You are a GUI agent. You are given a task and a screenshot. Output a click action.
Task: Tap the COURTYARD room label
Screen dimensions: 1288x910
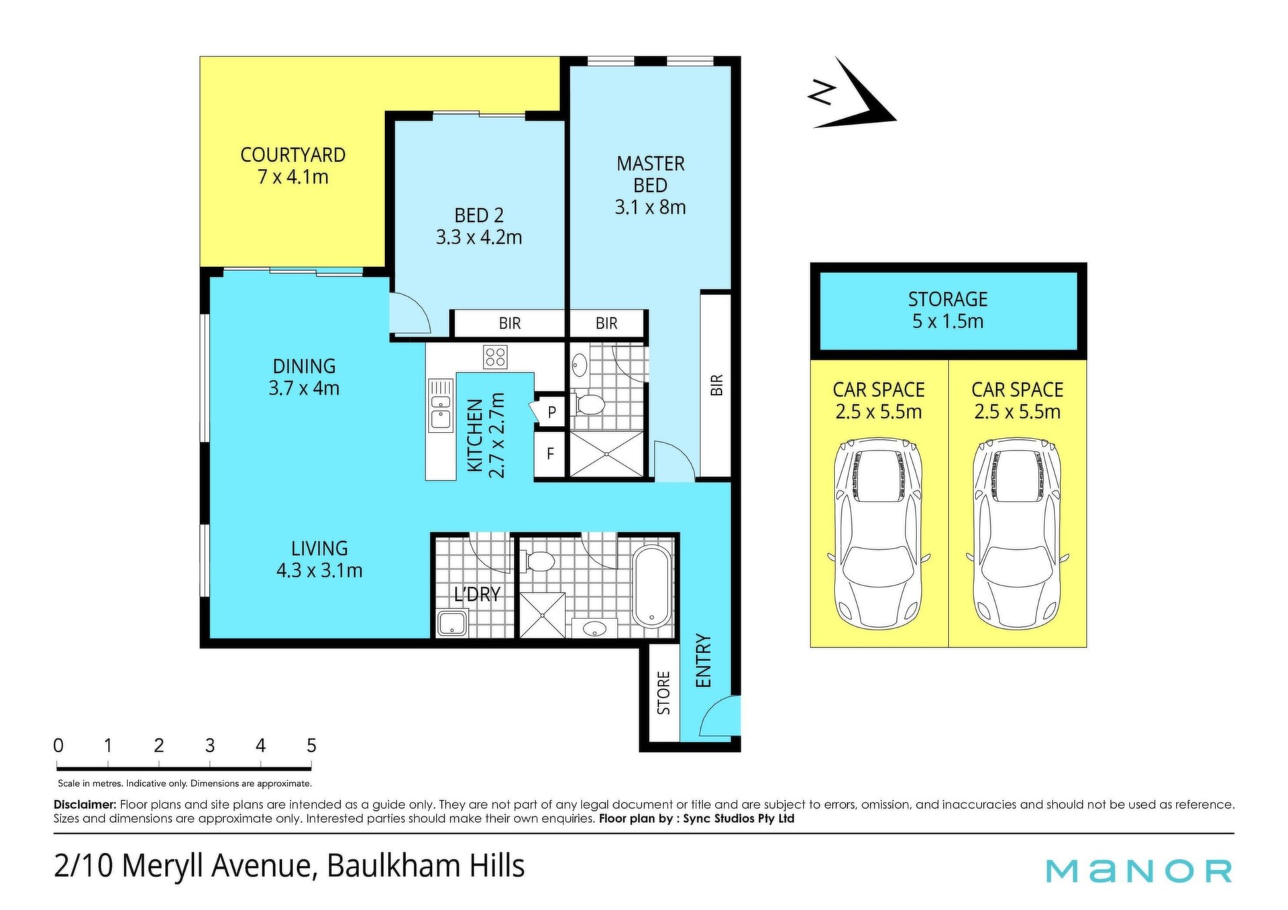coord(293,155)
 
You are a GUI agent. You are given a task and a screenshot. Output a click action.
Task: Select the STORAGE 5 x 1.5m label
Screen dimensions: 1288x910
coord(948,310)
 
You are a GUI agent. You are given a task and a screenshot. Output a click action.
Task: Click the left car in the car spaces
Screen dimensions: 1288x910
coord(879,534)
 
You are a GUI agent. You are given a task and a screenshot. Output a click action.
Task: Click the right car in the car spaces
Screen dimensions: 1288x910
coord(1018,534)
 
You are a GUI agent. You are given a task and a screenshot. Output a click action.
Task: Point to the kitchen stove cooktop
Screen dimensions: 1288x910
coord(495,357)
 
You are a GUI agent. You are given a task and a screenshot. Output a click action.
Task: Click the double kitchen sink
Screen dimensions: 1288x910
coord(441,405)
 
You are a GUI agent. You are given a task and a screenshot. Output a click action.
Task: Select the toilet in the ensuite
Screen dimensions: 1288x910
coord(588,404)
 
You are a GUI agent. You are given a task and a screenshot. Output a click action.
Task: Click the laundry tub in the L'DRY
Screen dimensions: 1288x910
coord(452,624)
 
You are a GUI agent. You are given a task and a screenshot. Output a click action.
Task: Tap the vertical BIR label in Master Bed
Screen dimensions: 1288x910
coord(716,385)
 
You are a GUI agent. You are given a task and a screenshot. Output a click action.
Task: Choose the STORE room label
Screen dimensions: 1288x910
coord(663,693)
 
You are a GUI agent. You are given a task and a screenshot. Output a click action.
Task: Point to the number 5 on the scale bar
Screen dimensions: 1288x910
coord(311,746)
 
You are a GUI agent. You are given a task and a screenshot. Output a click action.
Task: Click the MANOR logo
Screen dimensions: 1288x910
coord(1139,871)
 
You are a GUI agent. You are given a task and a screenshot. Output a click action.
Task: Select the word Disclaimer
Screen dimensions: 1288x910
coord(85,804)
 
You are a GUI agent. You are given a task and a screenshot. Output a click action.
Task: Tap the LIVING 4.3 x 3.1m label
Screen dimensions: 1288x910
coord(319,559)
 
